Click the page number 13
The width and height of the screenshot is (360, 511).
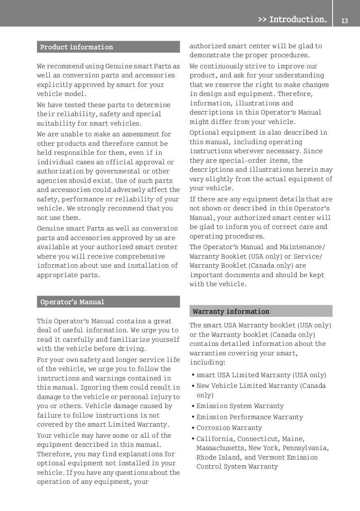click(344, 20)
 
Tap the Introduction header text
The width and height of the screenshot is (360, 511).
click(293, 19)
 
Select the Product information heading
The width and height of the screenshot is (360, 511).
click(77, 47)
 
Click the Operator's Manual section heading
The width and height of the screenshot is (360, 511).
click(72, 302)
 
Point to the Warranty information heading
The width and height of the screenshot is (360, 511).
click(231, 311)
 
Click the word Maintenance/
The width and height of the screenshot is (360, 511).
click(302, 247)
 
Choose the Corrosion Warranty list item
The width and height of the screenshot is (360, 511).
click(229, 428)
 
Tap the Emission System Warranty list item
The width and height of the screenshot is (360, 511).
click(240, 406)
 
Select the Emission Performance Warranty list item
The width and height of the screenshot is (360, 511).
click(249, 417)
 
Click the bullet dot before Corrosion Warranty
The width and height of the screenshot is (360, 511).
click(193, 428)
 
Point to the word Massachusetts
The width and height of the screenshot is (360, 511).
click(221, 448)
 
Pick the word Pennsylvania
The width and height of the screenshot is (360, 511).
click(306, 448)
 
